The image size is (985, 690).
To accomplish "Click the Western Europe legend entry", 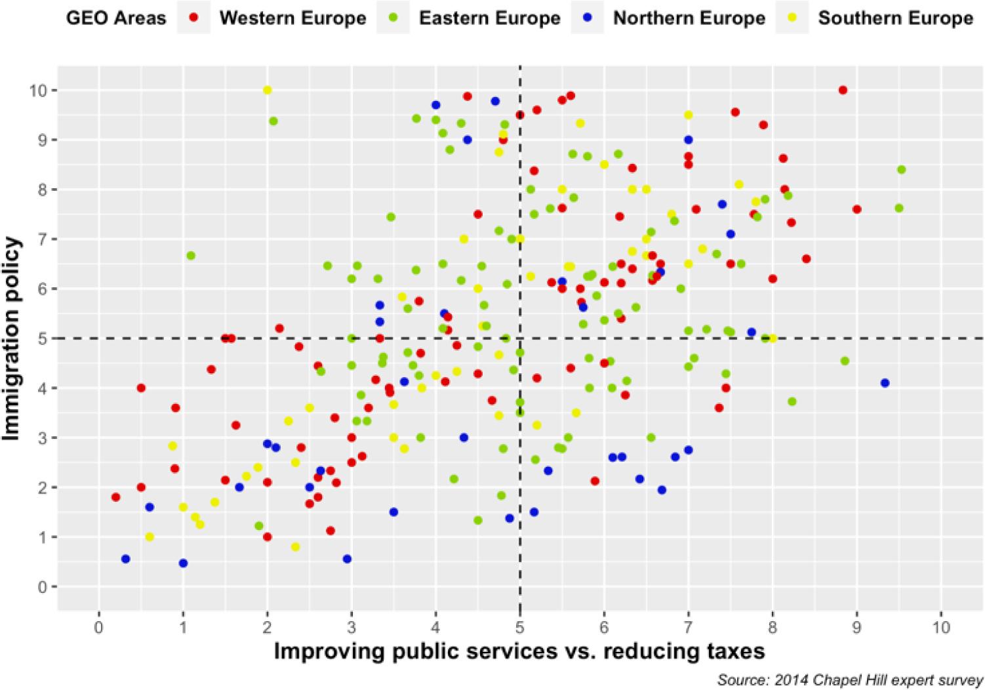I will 292,18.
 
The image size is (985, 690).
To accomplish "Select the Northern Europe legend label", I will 689,18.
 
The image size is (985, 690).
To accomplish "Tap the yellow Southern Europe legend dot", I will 792,18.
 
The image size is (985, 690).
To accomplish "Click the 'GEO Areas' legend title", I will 115,18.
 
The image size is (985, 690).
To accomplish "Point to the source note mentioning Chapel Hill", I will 850,680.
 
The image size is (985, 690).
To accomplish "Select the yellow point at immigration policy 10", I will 267,90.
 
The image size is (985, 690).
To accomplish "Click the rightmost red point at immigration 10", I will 843,90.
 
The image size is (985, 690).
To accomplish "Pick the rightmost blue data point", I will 885,382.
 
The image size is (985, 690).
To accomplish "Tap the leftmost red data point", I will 116,497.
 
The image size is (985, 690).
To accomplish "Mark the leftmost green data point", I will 191,255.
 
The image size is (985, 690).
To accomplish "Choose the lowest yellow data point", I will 295,546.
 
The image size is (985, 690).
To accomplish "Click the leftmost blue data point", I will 125,559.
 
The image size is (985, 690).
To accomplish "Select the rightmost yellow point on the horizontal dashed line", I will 773,338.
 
